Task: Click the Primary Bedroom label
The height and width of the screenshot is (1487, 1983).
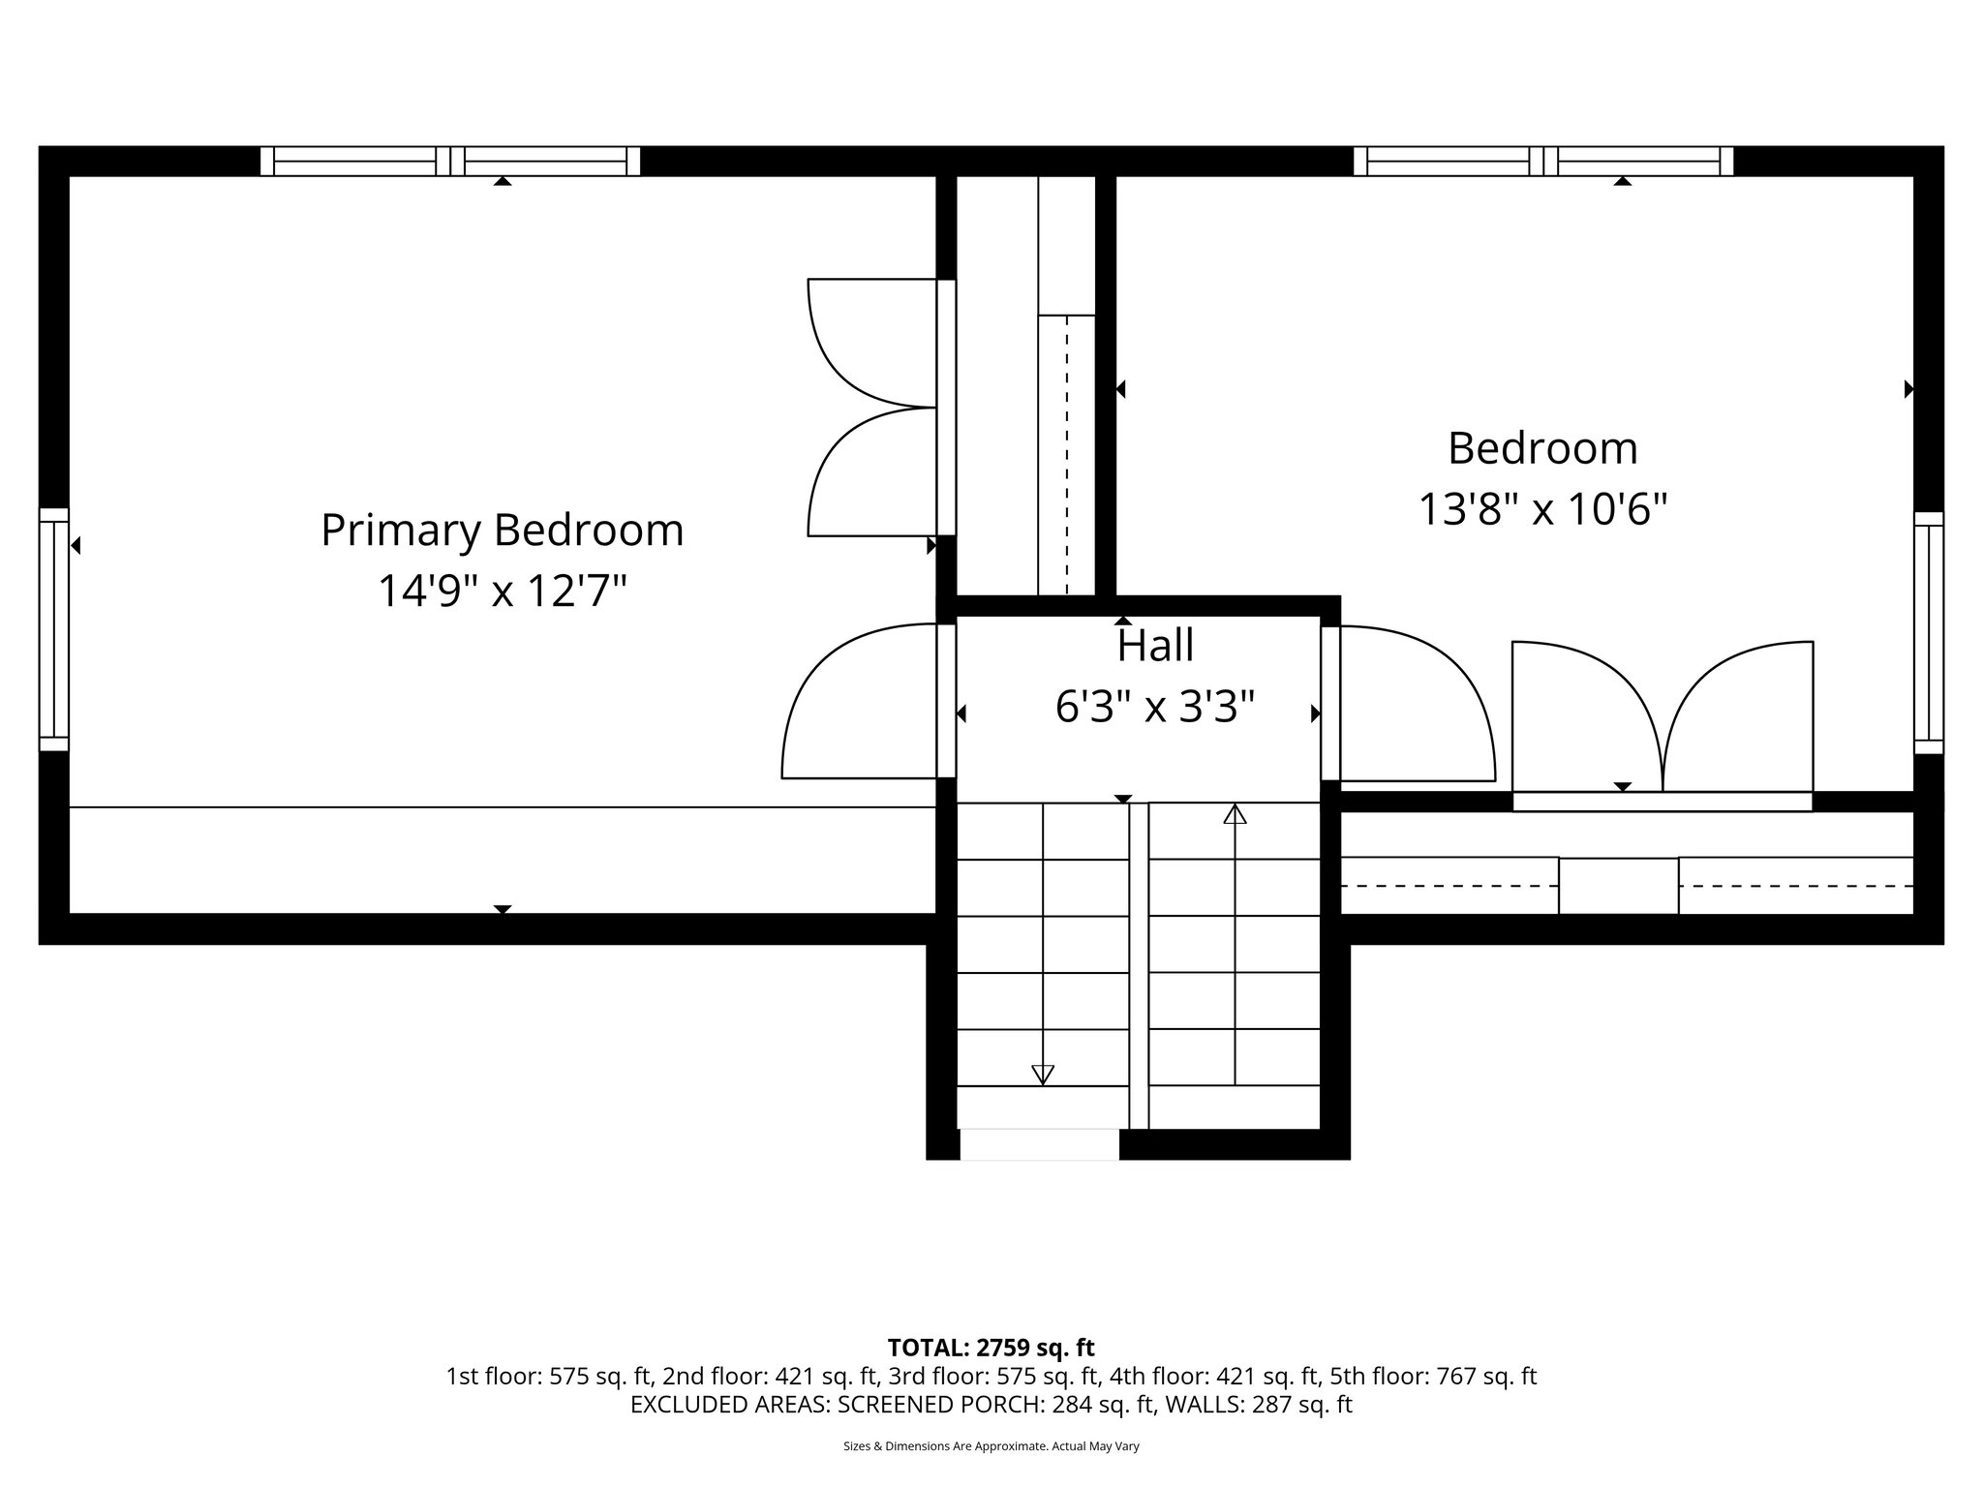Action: (502, 531)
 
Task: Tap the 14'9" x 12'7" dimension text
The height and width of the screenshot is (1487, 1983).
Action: (502, 591)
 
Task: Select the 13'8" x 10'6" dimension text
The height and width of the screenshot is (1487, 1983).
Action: (1542, 509)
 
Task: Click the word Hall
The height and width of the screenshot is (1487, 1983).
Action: (1154, 646)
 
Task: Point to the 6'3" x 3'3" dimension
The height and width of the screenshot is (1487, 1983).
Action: (1154, 707)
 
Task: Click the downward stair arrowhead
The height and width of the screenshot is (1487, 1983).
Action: (1042, 1074)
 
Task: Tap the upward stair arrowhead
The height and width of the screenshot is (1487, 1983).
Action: (1235, 814)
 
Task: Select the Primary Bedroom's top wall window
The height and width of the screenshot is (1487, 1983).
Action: (450, 161)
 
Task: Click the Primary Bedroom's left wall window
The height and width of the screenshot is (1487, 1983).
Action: (54, 629)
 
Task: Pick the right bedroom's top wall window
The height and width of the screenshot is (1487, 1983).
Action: (1542, 161)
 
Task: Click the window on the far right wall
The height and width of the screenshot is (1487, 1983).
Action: (1929, 633)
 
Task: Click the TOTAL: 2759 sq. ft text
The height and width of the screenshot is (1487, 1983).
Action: (991, 1348)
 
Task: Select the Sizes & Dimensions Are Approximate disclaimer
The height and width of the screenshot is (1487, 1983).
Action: (991, 1446)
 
